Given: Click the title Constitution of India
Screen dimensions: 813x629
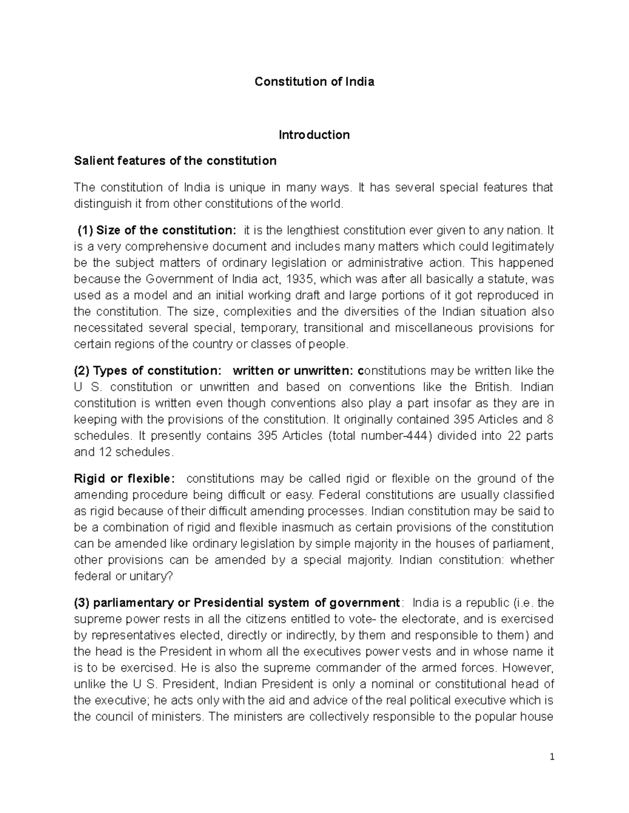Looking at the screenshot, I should (314, 82).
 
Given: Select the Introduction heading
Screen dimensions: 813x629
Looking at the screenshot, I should (314, 135).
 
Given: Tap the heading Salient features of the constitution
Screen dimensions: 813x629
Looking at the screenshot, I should (175, 161).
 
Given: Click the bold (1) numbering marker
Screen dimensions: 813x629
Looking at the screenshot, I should (85, 230).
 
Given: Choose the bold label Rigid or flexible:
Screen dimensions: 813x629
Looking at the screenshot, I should (122, 479).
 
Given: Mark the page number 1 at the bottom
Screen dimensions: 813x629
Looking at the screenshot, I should (551, 757).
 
